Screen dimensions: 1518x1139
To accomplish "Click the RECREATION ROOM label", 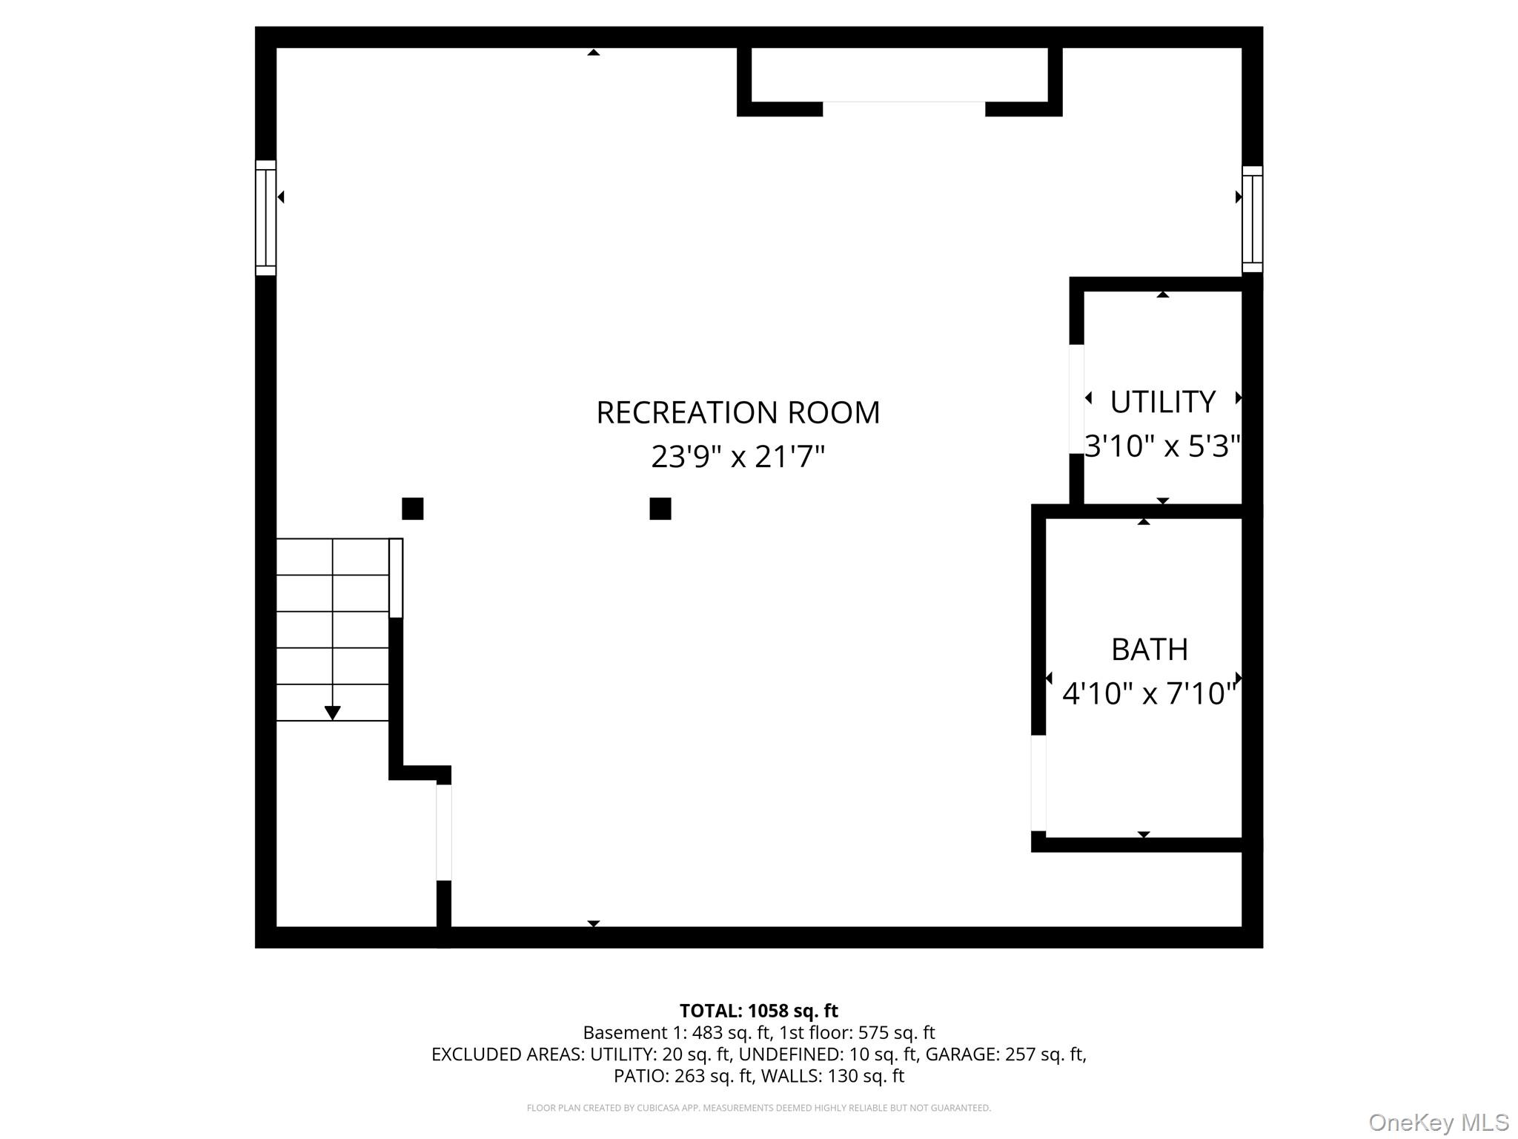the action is click(738, 412).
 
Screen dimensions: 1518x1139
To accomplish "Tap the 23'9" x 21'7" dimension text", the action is click(738, 456).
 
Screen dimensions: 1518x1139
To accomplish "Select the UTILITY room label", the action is click(1162, 402).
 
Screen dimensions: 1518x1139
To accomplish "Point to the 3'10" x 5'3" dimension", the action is click(1162, 446).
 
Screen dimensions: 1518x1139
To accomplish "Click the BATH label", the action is click(1150, 650).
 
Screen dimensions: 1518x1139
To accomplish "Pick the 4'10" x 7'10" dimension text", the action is click(1150, 693).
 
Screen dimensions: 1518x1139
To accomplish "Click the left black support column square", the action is click(413, 509).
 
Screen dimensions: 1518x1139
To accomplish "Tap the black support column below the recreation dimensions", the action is click(660, 509).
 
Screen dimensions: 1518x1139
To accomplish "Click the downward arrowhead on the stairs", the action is click(333, 713).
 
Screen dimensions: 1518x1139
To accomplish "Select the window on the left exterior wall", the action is click(266, 218).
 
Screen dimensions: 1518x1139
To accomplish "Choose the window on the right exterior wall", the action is click(1253, 219).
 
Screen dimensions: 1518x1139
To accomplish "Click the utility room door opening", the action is click(1077, 399).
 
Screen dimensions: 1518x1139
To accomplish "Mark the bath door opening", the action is click(1039, 783).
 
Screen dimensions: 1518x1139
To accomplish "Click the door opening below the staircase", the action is click(444, 832).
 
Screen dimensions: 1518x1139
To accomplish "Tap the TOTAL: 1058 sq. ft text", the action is click(759, 1011).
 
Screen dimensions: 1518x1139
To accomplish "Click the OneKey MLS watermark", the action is click(1439, 1123).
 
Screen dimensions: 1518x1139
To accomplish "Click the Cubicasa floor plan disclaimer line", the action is click(759, 1108).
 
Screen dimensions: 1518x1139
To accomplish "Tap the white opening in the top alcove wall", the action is click(904, 109).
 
